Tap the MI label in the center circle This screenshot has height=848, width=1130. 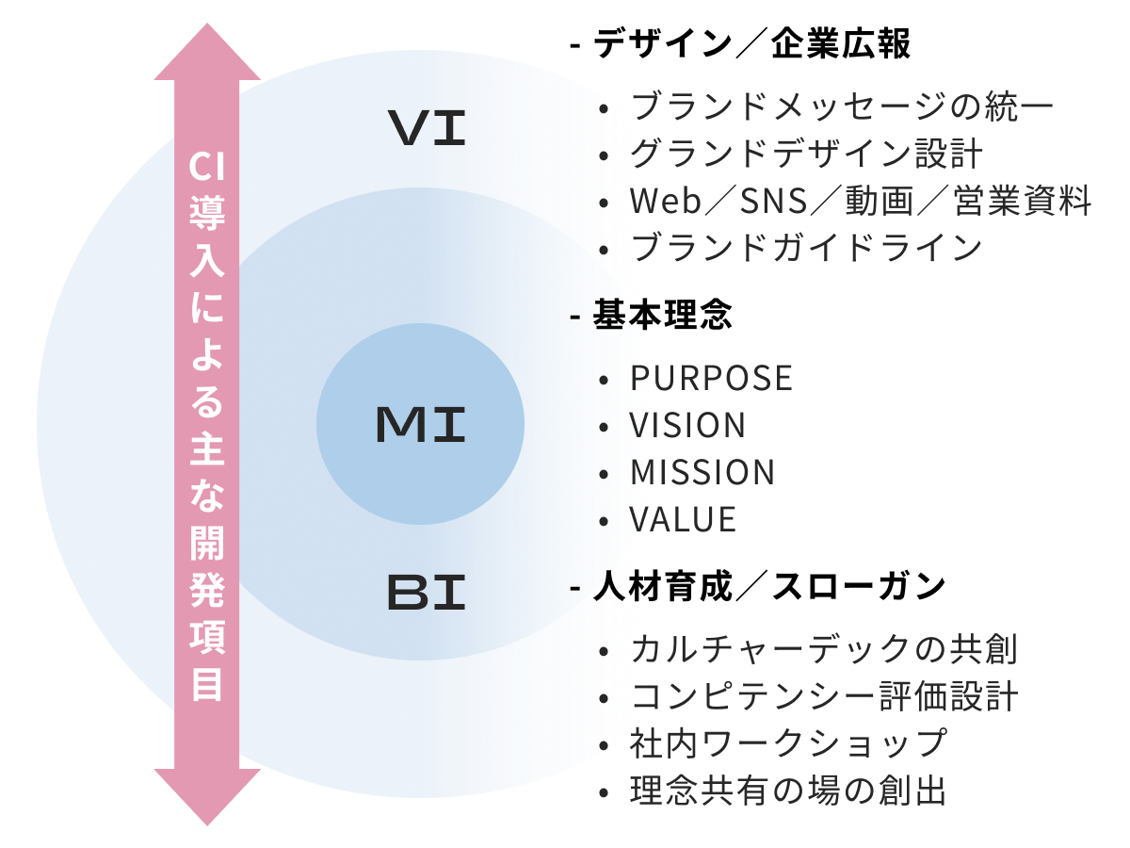click(x=420, y=426)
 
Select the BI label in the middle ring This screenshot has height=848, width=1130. click(x=426, y=594)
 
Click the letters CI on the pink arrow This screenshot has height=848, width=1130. click(x=207, y=170)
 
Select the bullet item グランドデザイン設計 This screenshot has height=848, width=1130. click(x=807, y=154)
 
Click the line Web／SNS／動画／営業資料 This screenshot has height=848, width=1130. click(x=860, y=201)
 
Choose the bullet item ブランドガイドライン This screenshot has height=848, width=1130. click(x=806, y=248)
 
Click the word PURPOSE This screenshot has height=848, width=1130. click(x=711, y=379)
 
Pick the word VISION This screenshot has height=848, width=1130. click(x=687, y=426)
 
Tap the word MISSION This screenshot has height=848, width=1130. click(x=702, y=472)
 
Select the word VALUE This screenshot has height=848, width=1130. click(x=683, y=519)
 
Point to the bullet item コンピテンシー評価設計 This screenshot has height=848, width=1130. click(x=824, y=697)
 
